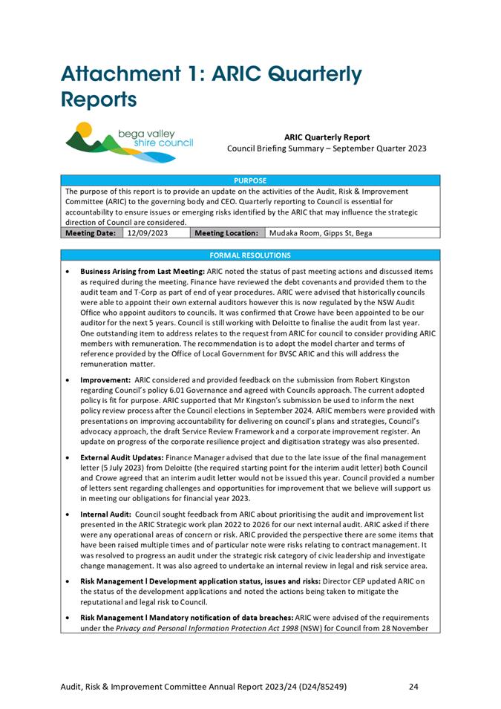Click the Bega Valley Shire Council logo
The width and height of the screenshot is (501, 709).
(x=129, y=143)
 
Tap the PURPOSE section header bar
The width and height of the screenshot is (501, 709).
(x=250, y=180)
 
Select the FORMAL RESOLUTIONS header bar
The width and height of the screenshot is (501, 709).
(x=250, y=255)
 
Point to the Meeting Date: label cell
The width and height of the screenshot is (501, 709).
(x=91, y=233)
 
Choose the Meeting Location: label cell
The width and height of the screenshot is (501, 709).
(x=226, y=233)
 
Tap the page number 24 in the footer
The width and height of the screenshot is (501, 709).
(x=413, y=687)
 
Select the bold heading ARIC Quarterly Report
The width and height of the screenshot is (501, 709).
(x=327, y=137)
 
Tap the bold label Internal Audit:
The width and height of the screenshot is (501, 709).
(x=105, y=513)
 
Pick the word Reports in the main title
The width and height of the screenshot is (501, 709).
(x=99, y=99)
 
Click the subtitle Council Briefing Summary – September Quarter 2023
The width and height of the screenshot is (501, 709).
(x=327, y=148)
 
